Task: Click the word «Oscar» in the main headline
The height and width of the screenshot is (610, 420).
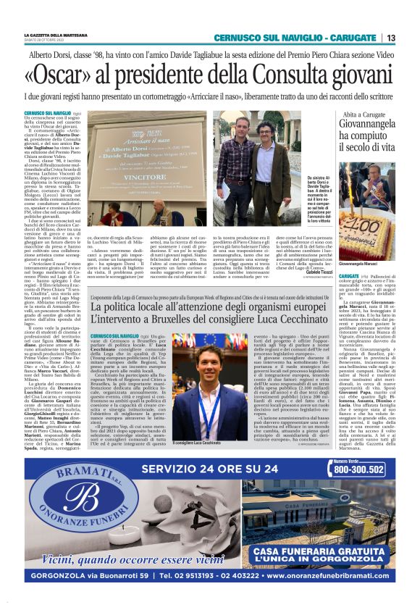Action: (56, 75)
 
